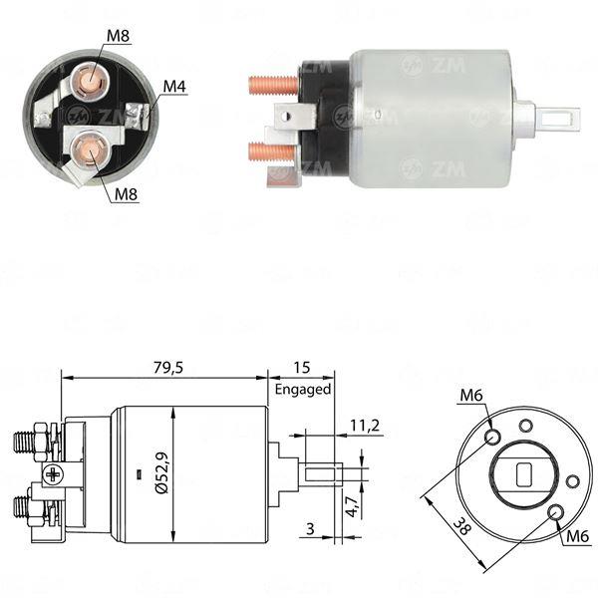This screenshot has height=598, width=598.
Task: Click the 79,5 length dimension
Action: tap(168, 368)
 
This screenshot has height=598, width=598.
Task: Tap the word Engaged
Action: tap(303, 390)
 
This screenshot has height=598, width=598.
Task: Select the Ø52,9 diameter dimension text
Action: tap(162, 472)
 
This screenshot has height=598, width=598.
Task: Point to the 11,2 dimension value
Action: tap(365, 426)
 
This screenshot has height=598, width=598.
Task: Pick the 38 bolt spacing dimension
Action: tap(461, 527)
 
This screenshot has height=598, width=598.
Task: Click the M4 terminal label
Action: tap(174, 87)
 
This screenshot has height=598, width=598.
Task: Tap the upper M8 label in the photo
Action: tap(118, 36)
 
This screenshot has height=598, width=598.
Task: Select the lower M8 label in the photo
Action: tap(126, 194)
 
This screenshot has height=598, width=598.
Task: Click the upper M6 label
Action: tap(471, 395)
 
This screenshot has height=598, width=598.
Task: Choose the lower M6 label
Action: tap(578, 537)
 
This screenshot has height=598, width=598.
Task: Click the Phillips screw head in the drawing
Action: tap(52, 474)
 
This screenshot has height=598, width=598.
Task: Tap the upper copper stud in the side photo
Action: tap(273, 85)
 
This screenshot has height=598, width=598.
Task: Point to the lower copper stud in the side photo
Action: tap(271, 151)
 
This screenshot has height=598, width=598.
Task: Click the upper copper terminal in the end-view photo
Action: tap(91, 81)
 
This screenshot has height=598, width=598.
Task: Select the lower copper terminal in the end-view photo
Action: tap(91, 149)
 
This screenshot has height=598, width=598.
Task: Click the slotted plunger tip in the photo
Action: tap(559, 119)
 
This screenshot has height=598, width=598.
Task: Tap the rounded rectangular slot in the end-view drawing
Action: tap(524, 474)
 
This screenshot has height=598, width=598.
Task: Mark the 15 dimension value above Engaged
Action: tap(302, 368)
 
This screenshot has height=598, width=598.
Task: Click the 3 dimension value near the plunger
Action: tap(310, 528)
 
